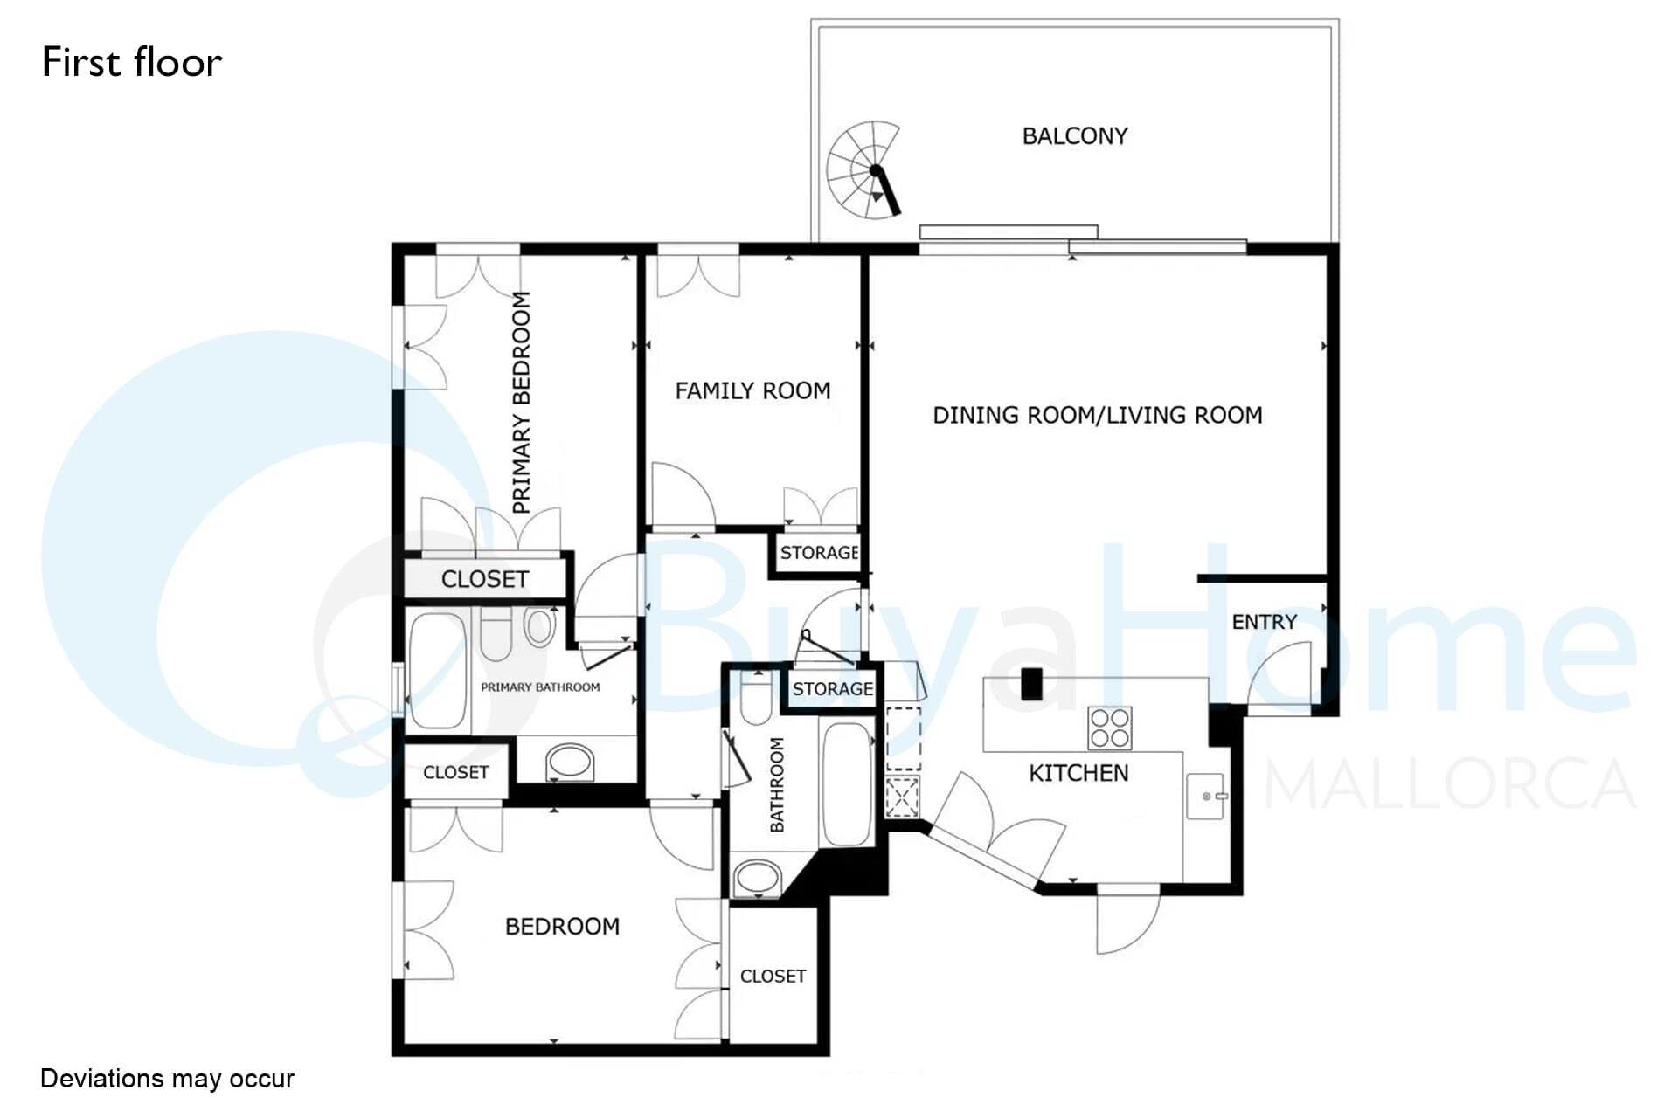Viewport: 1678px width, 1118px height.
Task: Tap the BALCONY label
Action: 1075,136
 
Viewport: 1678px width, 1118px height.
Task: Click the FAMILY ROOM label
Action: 752,390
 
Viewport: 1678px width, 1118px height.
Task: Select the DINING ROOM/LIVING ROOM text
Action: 1098,415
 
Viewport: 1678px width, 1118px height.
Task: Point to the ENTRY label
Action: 1264,622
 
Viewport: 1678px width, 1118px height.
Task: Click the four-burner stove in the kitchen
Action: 1110,728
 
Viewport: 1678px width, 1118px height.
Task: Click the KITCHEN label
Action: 1078,773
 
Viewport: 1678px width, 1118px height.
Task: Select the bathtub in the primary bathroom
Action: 437,671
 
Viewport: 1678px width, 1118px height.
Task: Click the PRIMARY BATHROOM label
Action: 540,687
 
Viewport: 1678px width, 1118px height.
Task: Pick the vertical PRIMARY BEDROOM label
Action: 522,403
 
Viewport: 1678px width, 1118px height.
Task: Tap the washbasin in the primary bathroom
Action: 570,763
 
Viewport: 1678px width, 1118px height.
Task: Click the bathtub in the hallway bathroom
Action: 847,783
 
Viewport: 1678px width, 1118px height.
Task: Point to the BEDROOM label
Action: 563,926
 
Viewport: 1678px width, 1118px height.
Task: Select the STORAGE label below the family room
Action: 819,553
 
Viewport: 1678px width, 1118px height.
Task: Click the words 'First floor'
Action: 132,63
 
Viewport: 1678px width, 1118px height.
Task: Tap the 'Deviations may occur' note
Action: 167,1079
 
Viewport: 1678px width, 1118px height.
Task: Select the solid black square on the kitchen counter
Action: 1031,684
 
